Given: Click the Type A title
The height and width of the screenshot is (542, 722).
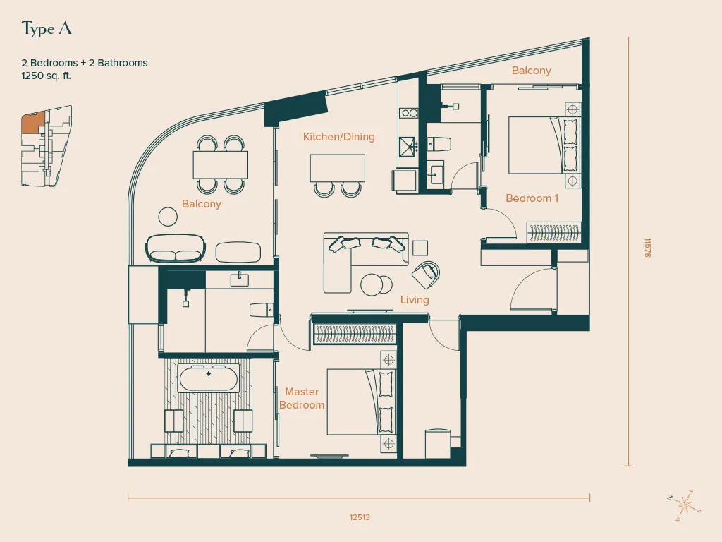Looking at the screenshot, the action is tap(47, 28).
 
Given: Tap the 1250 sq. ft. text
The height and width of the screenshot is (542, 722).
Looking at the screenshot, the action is tap(46, 76).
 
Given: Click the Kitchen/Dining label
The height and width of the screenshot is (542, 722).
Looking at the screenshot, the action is tap(339, 136).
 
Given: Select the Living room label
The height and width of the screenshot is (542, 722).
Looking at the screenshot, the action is tap(415, 299).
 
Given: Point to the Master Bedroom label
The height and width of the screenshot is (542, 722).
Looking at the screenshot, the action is tap(302, 398).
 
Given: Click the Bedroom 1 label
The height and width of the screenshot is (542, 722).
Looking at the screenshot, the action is tap(532, 198).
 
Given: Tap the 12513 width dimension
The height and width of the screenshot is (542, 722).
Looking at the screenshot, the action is tap(360, 517).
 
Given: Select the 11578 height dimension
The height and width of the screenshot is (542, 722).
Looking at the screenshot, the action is tap(647, 248).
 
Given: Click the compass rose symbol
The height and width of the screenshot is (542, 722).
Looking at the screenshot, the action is tap(685, 505).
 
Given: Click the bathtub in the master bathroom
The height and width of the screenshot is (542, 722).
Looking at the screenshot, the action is tap(209, 378).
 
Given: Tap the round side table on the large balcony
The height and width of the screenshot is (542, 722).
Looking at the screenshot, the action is tap(168, 216).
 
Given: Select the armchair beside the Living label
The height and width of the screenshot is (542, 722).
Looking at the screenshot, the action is tap(426, 275).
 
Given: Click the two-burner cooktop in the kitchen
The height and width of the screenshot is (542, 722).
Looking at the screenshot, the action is tap(408, 112).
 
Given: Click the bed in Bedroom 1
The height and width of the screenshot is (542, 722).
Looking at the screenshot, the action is tap(543, 145).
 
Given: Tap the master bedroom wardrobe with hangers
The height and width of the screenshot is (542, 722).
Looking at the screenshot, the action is tap(354, 334).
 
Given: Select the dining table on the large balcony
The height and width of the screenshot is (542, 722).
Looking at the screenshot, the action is tap(221, 164).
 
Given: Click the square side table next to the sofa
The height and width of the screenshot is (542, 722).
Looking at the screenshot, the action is tap(420, 248).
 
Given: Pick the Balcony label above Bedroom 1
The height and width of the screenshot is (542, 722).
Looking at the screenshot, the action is tap(532, 71).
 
